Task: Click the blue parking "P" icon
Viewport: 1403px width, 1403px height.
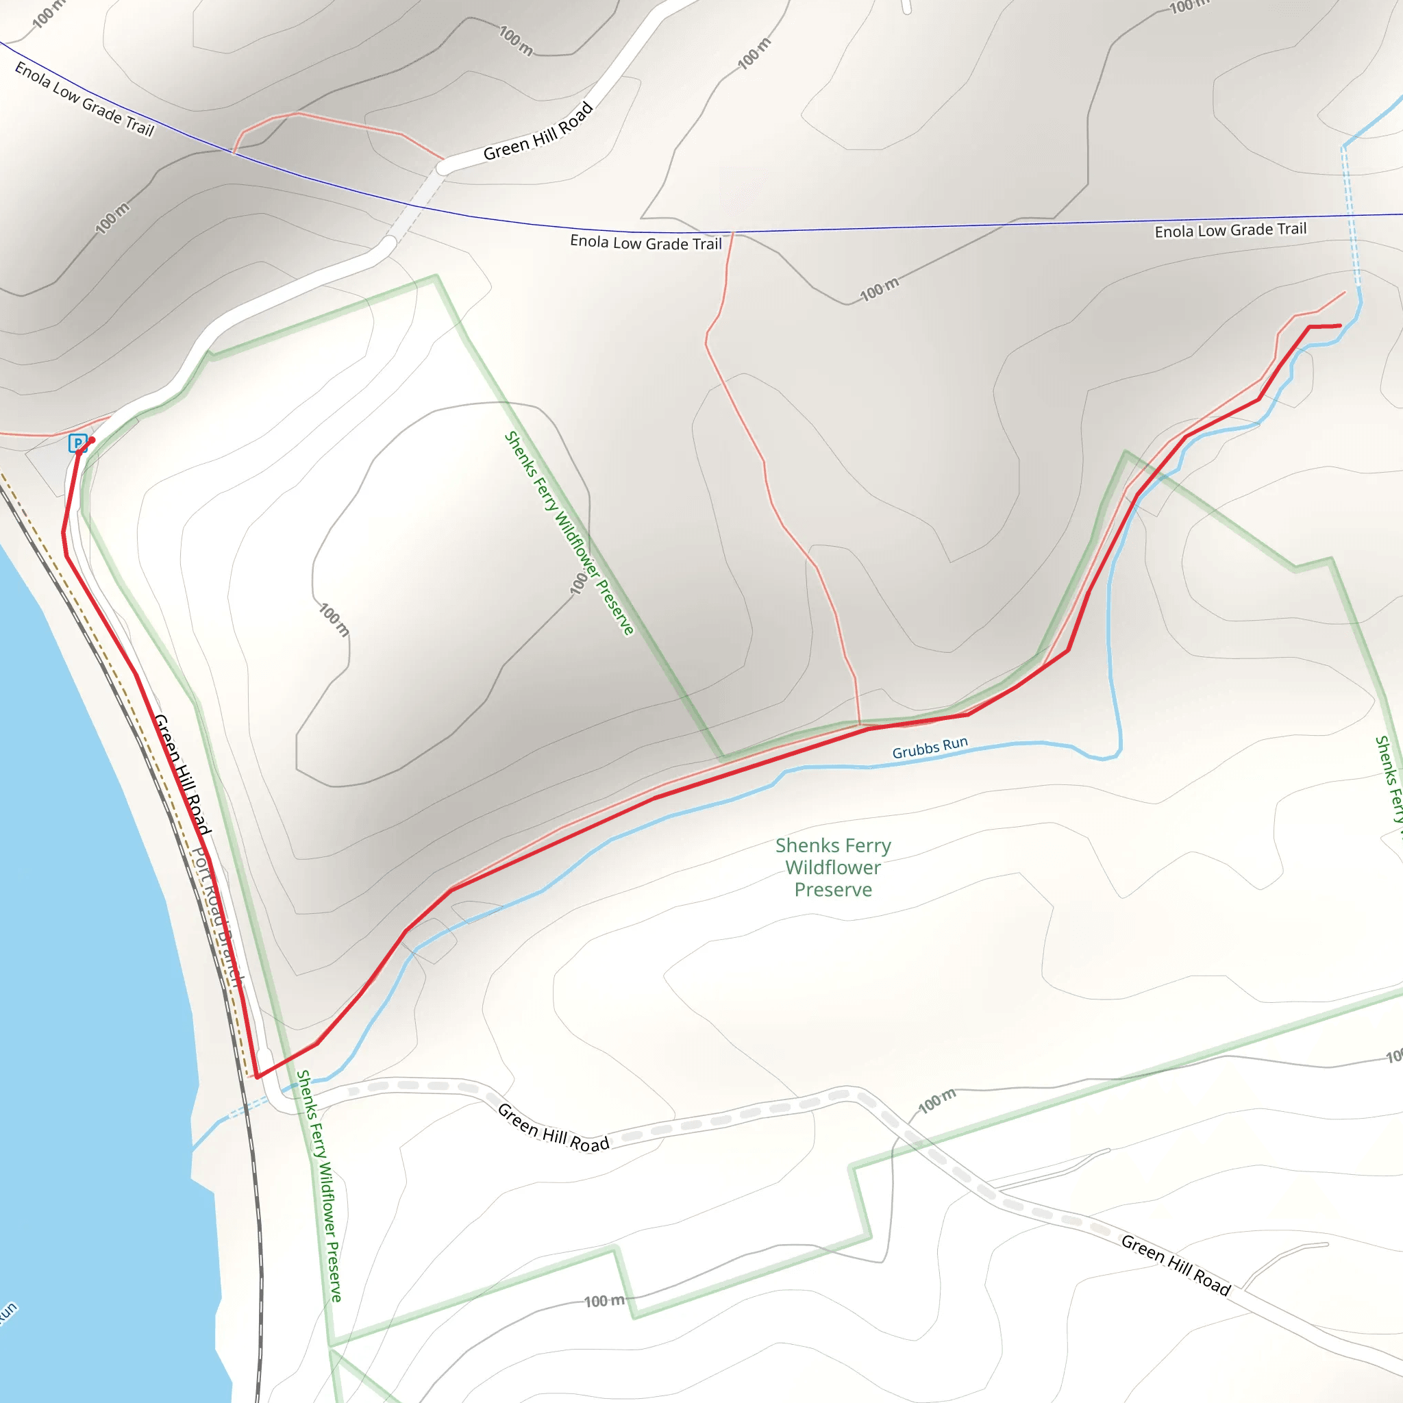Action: click(x=77, y=443)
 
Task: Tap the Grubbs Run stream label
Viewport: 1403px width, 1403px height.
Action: click(x=930, y=747)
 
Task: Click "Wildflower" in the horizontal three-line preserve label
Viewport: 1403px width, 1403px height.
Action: click(x=833, y=868)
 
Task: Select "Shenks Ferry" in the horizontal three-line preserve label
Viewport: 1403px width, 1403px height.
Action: click(x=833, y=845)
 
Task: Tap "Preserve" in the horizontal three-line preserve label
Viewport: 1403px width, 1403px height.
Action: click(x=833, y=890)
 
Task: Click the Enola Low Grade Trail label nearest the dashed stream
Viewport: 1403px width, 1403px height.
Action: click(x=1230, y=230)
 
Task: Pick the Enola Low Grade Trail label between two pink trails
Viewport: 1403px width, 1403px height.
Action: click(x=645, y=243)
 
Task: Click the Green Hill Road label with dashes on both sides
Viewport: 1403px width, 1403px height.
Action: click(x=554, y=1128)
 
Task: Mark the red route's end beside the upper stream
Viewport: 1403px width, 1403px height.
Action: click(x=1340, y=326)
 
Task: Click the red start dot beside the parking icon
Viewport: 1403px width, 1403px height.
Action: click(x=92, y=440)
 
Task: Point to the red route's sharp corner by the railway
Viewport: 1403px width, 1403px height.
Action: click(x=258, y=1077)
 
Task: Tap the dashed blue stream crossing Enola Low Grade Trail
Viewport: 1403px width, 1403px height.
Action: click(x=1352, y=218)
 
